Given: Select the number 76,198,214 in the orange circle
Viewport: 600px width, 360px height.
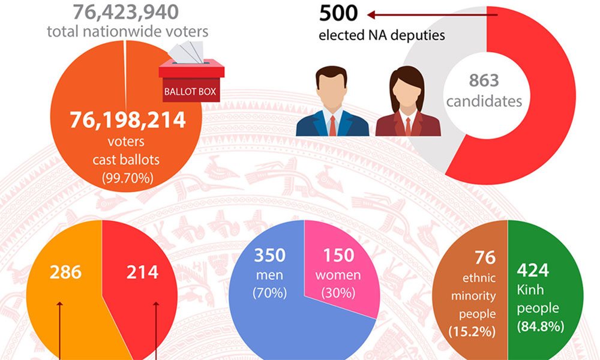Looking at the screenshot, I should [127, 120].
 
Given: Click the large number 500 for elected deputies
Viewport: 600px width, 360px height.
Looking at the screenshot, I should [338, 13].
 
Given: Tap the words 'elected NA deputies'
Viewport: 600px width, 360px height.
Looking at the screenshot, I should [382, 35].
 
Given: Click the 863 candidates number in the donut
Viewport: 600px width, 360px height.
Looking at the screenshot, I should [484, 80].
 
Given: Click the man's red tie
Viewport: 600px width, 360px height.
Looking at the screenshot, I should [332, 125].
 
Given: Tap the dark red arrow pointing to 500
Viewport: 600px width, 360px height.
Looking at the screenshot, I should [432, 14].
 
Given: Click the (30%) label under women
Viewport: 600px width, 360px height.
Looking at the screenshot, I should [339, 294].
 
